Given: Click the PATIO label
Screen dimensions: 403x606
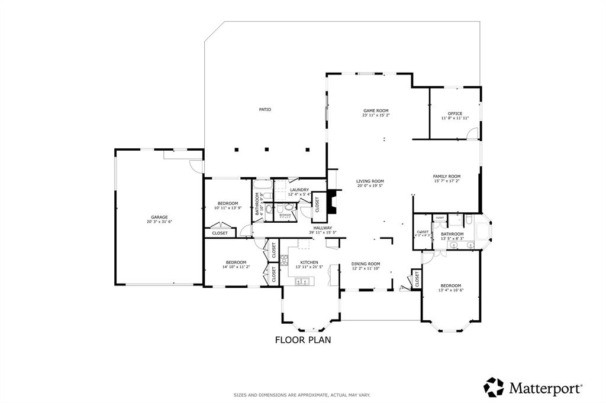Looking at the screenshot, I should pyautogui.click(x=265, y=109).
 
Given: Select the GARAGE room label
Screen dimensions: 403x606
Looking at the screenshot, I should pyautogui.click(x=159, y=217).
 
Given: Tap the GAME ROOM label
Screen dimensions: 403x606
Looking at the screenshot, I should pyautogui.click(x=376, y=110).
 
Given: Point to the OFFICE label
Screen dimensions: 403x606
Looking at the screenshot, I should pyautogui.click(x=454, y=113).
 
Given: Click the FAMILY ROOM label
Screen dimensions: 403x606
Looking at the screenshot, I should pyautogui.click(x=446, y=176).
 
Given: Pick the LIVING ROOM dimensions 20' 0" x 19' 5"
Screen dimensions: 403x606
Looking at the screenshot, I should pyautogui.click(x=370, y=186).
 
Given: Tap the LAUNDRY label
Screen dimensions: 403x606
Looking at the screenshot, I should pyautogui.click(x=299, y=190).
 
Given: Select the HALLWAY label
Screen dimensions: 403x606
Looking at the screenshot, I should pyautogui.click(x=323, y=227).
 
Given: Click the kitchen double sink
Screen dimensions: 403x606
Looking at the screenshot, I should pyautogui.click(x=300, y=282).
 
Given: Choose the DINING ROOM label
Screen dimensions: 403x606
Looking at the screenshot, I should pyautogui.click(x=366, y=264).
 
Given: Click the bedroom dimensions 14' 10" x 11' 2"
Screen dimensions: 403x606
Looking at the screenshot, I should pyautogui.click(x=236, y=266).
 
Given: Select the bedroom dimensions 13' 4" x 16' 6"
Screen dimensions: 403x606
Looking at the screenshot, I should pyautogui.click(x=450, y=290).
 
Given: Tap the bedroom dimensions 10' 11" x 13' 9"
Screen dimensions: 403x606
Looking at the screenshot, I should pyautogui.click(x=227, y=208).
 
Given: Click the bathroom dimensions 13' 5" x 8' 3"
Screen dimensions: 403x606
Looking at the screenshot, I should pyautogui.click(x=452, y=238).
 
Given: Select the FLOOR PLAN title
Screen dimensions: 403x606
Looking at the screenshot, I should pyautogui.click(x=302, y=340).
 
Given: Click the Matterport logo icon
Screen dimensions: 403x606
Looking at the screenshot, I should pyautogui.click(x=494, y=387).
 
